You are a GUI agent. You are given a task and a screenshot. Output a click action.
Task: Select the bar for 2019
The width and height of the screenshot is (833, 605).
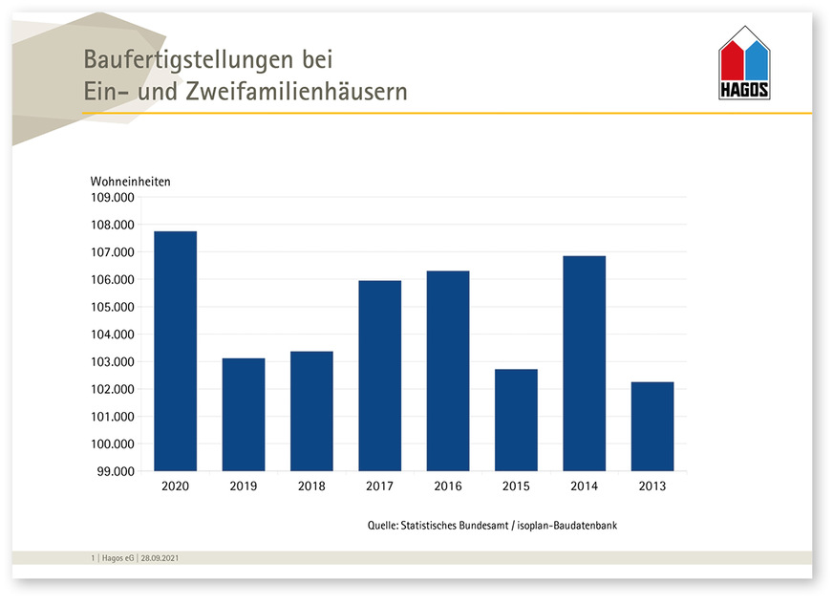tap(244, 415)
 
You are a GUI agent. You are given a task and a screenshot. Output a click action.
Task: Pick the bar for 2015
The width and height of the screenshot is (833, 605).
tap(516, 420)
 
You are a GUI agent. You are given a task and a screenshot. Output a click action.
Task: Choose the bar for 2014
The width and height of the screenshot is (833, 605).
tap(584, 363)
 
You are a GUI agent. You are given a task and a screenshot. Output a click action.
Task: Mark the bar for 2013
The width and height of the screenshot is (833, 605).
tap(652, 426)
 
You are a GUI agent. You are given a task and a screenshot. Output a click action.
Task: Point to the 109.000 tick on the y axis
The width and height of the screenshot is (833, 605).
tap(112, 198)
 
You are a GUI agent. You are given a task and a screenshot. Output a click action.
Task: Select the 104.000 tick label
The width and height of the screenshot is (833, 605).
tap(112, 335)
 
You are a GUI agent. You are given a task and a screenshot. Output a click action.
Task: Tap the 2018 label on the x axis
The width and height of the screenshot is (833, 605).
tap(311, 486)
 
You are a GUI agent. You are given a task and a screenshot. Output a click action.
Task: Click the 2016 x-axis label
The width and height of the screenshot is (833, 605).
tap(447, 486)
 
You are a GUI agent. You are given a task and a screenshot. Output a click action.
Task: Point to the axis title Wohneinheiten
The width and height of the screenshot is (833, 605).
tap(130, 182)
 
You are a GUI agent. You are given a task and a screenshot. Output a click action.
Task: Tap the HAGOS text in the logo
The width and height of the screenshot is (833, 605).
tap(744, 92)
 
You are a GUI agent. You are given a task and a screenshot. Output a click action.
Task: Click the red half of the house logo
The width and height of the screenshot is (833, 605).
tap(732, 61)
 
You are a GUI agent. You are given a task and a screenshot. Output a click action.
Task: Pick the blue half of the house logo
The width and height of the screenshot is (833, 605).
tap(757, 61)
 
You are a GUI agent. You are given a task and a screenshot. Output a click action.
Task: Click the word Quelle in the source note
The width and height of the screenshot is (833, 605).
tap(384, 526)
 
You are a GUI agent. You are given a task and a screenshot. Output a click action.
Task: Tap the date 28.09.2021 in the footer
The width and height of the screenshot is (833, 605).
tap(159, 557)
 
